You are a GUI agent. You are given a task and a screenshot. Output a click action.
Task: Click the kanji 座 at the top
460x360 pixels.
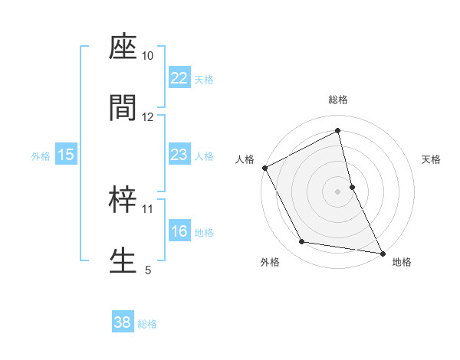123,48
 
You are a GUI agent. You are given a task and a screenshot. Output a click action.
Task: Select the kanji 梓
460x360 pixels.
123,200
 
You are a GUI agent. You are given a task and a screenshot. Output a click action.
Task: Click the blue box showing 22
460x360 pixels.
179,78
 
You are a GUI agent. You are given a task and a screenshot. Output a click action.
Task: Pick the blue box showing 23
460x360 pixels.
179,155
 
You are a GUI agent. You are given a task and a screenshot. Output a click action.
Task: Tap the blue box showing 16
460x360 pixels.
179,231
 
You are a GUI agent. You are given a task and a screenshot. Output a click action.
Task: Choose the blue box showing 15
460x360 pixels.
66,155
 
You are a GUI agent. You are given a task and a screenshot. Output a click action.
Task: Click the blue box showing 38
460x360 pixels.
123,322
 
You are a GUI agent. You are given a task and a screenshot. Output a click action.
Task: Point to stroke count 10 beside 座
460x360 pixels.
148,56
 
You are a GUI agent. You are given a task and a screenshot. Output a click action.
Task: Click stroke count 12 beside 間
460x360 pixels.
148,116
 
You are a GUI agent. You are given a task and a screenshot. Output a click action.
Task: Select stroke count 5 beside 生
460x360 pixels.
148,269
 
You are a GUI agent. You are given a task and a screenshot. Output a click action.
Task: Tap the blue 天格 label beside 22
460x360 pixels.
204,79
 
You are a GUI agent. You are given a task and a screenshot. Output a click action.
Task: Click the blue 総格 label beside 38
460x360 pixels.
147,323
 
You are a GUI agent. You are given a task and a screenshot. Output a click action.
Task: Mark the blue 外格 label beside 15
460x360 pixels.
41,155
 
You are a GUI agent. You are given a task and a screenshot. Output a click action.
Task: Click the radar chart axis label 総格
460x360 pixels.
338,100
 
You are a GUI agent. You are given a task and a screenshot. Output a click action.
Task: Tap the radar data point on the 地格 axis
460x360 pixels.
382,252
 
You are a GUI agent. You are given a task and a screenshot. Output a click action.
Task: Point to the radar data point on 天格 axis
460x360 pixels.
352,186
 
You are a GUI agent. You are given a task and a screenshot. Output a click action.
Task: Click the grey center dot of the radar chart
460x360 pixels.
338,191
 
